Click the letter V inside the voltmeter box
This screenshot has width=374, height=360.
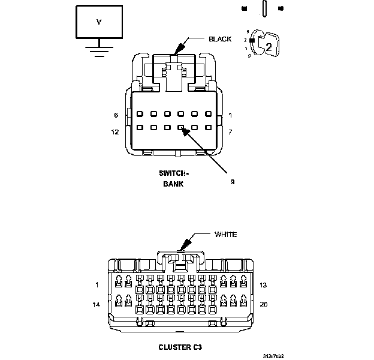click(x=99, y=22)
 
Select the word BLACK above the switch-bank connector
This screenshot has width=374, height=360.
click(x=220, y=39)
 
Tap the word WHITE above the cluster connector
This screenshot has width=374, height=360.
click(x=225, y=234)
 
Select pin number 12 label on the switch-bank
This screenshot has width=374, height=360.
click(x=115, y=131)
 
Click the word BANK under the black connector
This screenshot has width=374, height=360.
click(x=173, y=184)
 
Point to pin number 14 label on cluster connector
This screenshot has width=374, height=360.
click(x=96, y=305)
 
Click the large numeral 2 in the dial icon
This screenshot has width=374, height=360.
click(x=269, y=46)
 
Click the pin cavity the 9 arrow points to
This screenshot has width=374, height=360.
click(x=181, y=127)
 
